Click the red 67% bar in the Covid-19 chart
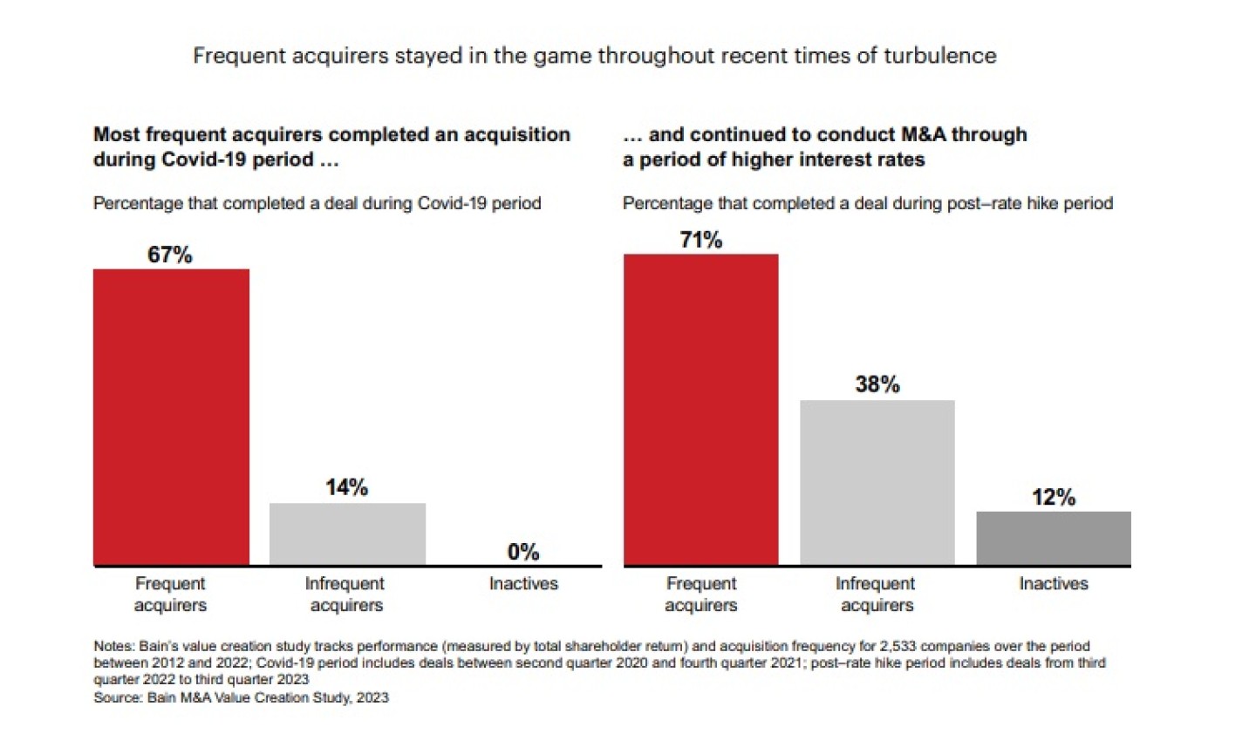(171, 417)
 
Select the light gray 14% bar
(347, 533)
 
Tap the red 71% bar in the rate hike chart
(700, 410)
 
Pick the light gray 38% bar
(877, 482)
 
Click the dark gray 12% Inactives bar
(1053, 538)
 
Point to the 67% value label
(169, 255)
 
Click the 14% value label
(346, 487)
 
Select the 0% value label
(523, 552)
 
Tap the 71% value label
(700, 240)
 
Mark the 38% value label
(877, 384)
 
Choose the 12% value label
(1053, 498)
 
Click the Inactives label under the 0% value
(523, 584)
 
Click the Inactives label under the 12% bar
(1053, 584)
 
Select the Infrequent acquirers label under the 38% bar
(876, 594)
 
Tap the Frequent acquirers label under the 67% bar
(170, 594)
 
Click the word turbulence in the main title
(939, 56)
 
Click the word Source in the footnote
(117, 697)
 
